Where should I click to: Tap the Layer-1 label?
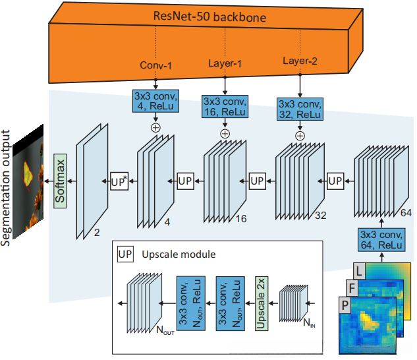226,63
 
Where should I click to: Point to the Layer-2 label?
300,61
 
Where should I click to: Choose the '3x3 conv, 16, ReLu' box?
225,108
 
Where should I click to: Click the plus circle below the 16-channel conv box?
225,133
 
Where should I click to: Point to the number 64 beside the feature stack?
406,213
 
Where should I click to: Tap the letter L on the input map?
358,270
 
